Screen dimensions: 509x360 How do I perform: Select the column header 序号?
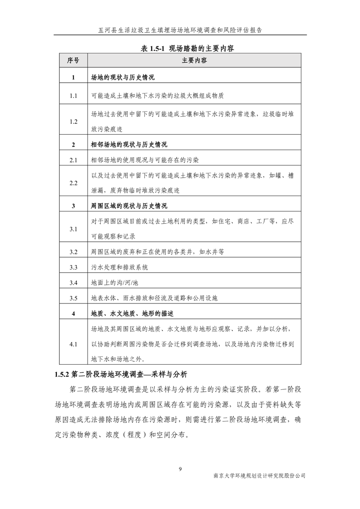[x=73, y=60]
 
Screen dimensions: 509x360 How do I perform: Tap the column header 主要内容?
[x=194, y=60]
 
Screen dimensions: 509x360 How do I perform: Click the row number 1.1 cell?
[x=73, y=96]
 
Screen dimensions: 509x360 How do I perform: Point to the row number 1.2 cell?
[x=73, y=122]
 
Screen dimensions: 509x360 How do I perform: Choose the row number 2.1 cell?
[x=73, y=160]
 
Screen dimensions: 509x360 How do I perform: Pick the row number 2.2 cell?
[x=73, y=183]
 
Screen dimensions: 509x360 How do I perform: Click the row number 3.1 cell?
[x=73, y=229]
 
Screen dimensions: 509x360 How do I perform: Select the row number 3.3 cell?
[x=73, y=267]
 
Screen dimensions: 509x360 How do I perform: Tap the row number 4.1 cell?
[x=73, y=344]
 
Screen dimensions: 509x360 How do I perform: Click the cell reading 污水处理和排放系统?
[x=119, y=267]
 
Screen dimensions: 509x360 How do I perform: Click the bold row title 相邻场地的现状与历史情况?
[x=129, y=145]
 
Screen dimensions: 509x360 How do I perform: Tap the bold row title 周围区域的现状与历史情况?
[x=129, y=206]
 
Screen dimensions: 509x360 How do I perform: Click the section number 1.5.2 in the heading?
[x=61, y=375]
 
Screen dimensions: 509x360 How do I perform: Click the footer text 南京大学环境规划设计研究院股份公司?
[x=259, y=476]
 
